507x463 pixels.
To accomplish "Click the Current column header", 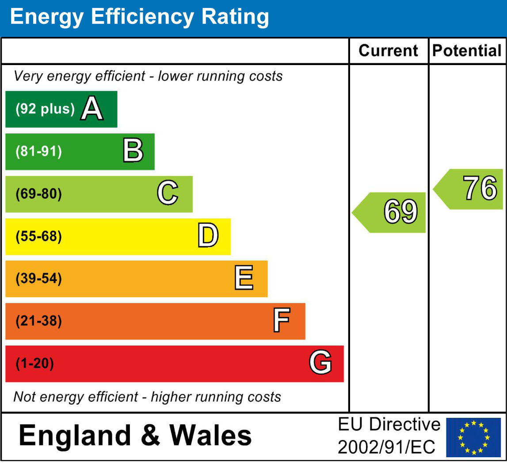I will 388,51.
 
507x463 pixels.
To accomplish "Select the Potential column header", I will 467,51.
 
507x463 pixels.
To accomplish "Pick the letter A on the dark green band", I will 91,109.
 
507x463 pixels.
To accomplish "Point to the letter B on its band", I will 133,151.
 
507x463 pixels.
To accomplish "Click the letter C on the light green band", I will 168,194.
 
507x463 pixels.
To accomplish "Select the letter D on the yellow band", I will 208,236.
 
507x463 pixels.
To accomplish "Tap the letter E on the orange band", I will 244,278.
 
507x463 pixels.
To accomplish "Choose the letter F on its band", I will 282,321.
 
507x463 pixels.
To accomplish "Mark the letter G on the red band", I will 320,363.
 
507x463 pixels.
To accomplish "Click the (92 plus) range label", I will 45,109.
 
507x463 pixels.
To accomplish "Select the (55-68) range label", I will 39,236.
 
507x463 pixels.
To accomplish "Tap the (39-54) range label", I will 39,279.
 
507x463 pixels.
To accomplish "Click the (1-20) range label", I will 35,364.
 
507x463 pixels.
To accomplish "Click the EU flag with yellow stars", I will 473,437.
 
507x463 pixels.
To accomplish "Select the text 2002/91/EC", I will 387,447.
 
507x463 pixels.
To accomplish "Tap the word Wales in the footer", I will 211,436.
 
